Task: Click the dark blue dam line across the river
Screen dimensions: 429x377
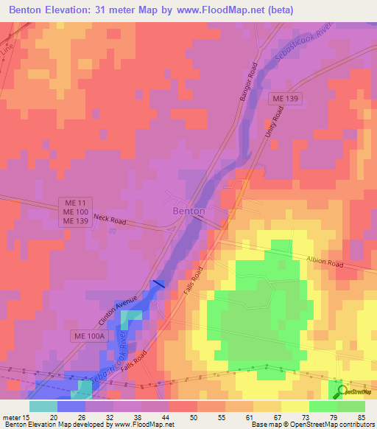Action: pyautogui.click(x=158, y=285)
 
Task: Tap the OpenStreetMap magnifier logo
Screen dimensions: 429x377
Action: pyautogui.click(x=340, y=391)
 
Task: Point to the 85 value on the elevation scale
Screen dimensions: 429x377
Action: pyautogui.click(x=360, y=416)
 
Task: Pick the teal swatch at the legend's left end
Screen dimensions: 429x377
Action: pyautogui.click(x=43, y=406)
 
